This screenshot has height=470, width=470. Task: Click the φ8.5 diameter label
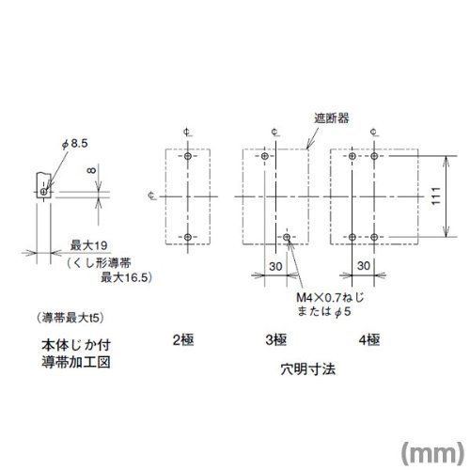click(75, 144)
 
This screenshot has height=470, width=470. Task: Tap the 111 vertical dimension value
click(436, 196)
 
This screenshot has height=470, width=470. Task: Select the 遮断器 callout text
click(332, 118)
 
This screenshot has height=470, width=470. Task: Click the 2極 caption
click(183, 340)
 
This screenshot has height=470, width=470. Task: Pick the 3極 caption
click(276, 340)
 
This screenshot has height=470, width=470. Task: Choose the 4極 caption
click(369, 340)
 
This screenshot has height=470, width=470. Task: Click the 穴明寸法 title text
click(308, 369)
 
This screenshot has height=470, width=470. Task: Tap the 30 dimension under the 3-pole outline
click(275, 266)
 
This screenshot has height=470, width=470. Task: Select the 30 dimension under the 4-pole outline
click(364, 266)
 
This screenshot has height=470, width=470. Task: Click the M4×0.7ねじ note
click(330, 297)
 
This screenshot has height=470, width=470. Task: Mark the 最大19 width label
click(89, 245)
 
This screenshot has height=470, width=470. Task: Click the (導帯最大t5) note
click(70, 319)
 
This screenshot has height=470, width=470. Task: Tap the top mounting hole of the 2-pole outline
click(188, 156)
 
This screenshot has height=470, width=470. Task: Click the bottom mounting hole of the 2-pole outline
click(188, 237)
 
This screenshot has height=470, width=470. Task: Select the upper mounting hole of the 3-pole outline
click(265, 156)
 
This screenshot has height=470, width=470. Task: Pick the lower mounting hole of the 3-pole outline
click(287, 237)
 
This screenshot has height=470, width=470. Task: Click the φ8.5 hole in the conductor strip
click(43, 192)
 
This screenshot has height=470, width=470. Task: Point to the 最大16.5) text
click(126, 277)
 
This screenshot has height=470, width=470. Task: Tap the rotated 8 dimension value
click(92, 170)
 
